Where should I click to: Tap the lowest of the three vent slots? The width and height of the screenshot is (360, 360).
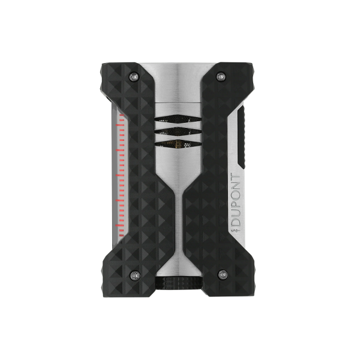pyautogui.click(x=181, y=144)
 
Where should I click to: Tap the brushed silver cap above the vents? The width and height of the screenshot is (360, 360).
pyautogui.click(x=181, y=84)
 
